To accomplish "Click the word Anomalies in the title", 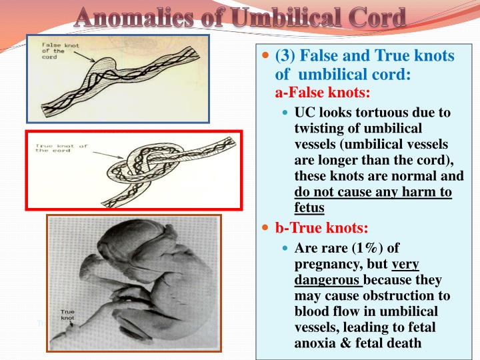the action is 133,17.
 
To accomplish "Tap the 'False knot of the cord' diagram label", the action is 60,51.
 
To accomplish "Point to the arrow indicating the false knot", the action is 85,56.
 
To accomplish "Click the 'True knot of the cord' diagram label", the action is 61,148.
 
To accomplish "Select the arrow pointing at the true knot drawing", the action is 108,155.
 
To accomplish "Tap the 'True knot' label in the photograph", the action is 67,315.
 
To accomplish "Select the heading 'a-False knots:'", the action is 323,92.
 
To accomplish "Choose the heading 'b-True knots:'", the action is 321,227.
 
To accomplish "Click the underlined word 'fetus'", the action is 309,207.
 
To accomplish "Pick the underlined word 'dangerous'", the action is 327,280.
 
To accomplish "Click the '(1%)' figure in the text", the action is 367,248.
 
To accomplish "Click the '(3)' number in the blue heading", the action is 285,55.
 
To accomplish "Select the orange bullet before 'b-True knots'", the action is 265,227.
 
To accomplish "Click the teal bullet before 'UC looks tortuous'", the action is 285,113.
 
